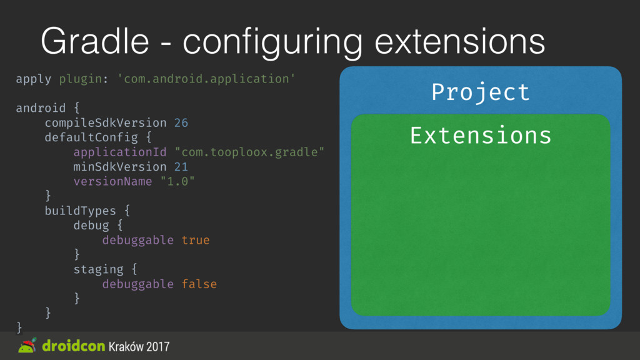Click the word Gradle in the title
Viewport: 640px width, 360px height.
[95, 41]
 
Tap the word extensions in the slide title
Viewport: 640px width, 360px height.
[459, 41]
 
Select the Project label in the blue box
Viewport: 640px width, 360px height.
[481, 92]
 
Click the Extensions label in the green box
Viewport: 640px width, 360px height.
[481, 136]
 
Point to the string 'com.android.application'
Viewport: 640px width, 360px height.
[206, 78]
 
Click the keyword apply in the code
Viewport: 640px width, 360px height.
[34, 79]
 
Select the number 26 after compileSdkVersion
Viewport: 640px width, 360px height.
[181, 122]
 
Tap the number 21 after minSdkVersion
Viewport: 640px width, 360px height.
[181, 166]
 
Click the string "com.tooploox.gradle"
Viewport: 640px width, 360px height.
[249, 152]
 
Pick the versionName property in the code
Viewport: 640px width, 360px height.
[112, 181]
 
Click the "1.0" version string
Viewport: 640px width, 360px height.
[177, 181]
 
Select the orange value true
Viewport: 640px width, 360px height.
[196, 240]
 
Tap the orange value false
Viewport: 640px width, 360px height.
[199, 284]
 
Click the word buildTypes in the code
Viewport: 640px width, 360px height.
[81, 211]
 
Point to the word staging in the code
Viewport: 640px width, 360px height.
[98, 270]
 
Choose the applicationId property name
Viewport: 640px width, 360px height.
[120, 152]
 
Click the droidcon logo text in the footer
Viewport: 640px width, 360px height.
[74, 346]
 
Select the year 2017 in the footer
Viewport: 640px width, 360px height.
[158, 346]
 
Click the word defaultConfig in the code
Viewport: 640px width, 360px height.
[91, 137]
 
